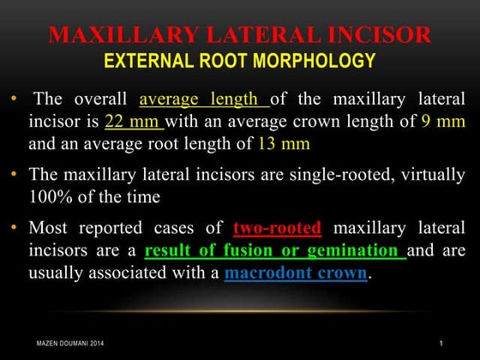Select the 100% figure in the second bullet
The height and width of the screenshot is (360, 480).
[x=48, y=197]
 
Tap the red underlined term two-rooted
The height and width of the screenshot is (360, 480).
[x=277, y=229]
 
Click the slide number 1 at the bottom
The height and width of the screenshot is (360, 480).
[x=440, y=344]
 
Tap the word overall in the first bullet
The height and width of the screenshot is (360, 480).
[x=98, y=97]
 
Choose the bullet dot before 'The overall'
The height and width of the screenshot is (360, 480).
[x=16, y=97]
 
